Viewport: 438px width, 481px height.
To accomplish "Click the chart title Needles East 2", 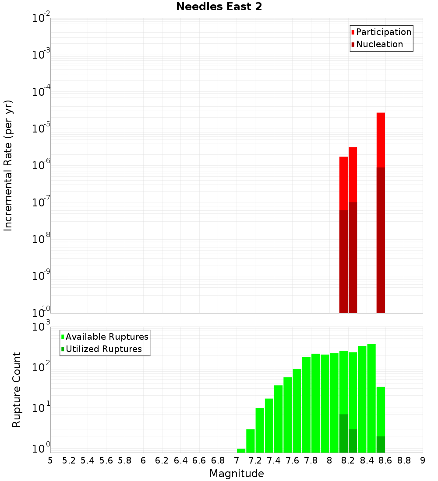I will pos(219,7).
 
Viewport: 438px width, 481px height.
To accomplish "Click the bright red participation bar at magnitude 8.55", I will pos(381,140).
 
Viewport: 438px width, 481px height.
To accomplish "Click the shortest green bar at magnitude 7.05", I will pos(241,450).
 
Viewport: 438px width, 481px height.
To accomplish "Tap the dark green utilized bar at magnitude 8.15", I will pos(343,433).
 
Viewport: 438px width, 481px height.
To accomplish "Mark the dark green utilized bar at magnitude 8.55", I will pos(381,444).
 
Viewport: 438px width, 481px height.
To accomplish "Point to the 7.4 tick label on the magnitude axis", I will pos(274,460).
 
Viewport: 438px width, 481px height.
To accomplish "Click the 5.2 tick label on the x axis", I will pos(69,460).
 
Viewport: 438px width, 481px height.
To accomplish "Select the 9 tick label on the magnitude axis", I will pos(423,460).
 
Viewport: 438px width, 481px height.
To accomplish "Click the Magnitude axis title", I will pos(237,474).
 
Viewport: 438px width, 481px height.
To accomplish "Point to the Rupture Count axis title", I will pos(17,389).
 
